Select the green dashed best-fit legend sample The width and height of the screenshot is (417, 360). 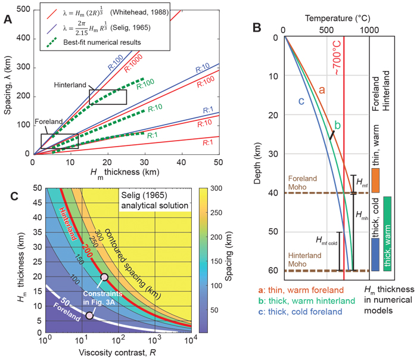pos(60,42)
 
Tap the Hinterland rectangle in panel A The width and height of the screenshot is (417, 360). pos(107,97)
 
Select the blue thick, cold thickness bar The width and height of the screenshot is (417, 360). pos(375,253)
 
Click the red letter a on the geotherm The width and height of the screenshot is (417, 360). pos(321,90)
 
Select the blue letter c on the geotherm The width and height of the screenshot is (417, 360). pos(301,101)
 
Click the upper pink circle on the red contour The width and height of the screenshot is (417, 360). pos(105,277)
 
